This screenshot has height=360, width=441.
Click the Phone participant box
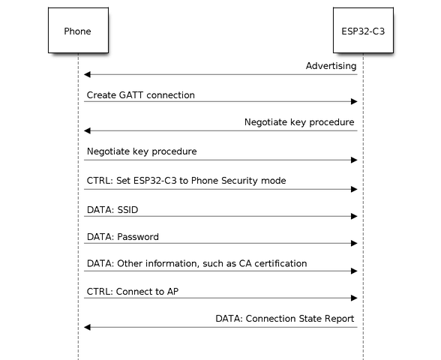tap(78, 30)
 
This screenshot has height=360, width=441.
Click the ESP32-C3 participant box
tap(363, 30)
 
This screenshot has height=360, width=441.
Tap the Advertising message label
tap(331, 66)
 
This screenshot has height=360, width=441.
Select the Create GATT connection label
tap(141, 95)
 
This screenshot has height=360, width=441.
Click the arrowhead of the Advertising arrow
tap(87, 74)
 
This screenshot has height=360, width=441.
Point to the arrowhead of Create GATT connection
tap(354, 101)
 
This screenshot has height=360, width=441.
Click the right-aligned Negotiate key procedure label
tap(299, 122)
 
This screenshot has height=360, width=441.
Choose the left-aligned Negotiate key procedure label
tap(142, 151)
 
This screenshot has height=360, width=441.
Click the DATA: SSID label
tap(112, 210)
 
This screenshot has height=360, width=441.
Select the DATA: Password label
tap(123, 237)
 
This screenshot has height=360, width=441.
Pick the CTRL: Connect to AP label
tap(133, 292)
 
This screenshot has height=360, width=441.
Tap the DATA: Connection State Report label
tap(285, 319)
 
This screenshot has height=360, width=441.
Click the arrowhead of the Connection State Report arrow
tap(87, 327)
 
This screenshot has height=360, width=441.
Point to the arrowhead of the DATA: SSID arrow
tap(354, 216)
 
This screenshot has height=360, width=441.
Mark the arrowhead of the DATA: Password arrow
tap(354, 243)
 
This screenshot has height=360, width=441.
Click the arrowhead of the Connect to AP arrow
tap(354, 298)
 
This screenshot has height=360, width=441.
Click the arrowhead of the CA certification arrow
tap(354, 271)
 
